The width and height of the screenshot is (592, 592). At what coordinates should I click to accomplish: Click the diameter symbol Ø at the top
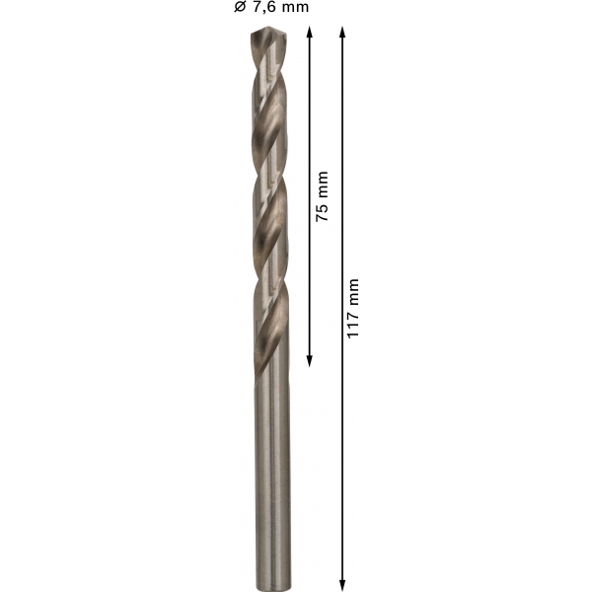pyautogui.click(x=240, y=7)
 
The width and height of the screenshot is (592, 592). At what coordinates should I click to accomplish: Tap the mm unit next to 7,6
pyautogui.click(x=294, y=8)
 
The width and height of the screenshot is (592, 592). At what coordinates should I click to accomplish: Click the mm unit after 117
pyautogui.click(x=352, y=293)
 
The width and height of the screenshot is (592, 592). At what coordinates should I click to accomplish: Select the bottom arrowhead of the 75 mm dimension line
pyautogui.click(x=309, y=361)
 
